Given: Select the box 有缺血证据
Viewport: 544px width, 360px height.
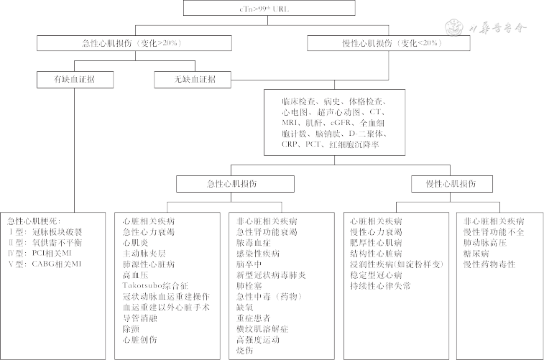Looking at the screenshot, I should pyautogui.click(x=69, y=78).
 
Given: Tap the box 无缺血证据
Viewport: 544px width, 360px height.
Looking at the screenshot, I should pyautogui.click(x=185, y=78).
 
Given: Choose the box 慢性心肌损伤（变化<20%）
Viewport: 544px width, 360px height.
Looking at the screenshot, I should pyautogui.click(x=388, y=44).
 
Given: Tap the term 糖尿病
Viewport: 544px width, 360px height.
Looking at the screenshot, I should pyautogui.click(x=477, y=254).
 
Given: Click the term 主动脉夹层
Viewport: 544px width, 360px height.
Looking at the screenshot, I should pyautogui.click(x=144, y=254).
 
